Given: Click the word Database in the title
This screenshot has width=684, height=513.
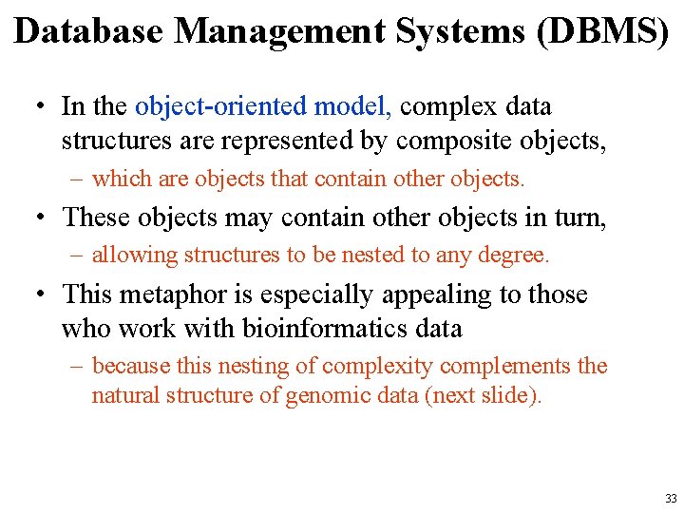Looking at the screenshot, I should pyautogui.click(x=90, y=30).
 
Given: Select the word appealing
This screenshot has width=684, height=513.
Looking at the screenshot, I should pyautogui.click(x=434, y=294).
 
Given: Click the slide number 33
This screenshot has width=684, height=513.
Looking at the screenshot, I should pyautogui.click(x=671, y=499).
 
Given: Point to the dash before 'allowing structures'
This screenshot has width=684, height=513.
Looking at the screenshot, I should pyautogui.click(x=76, y=255).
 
